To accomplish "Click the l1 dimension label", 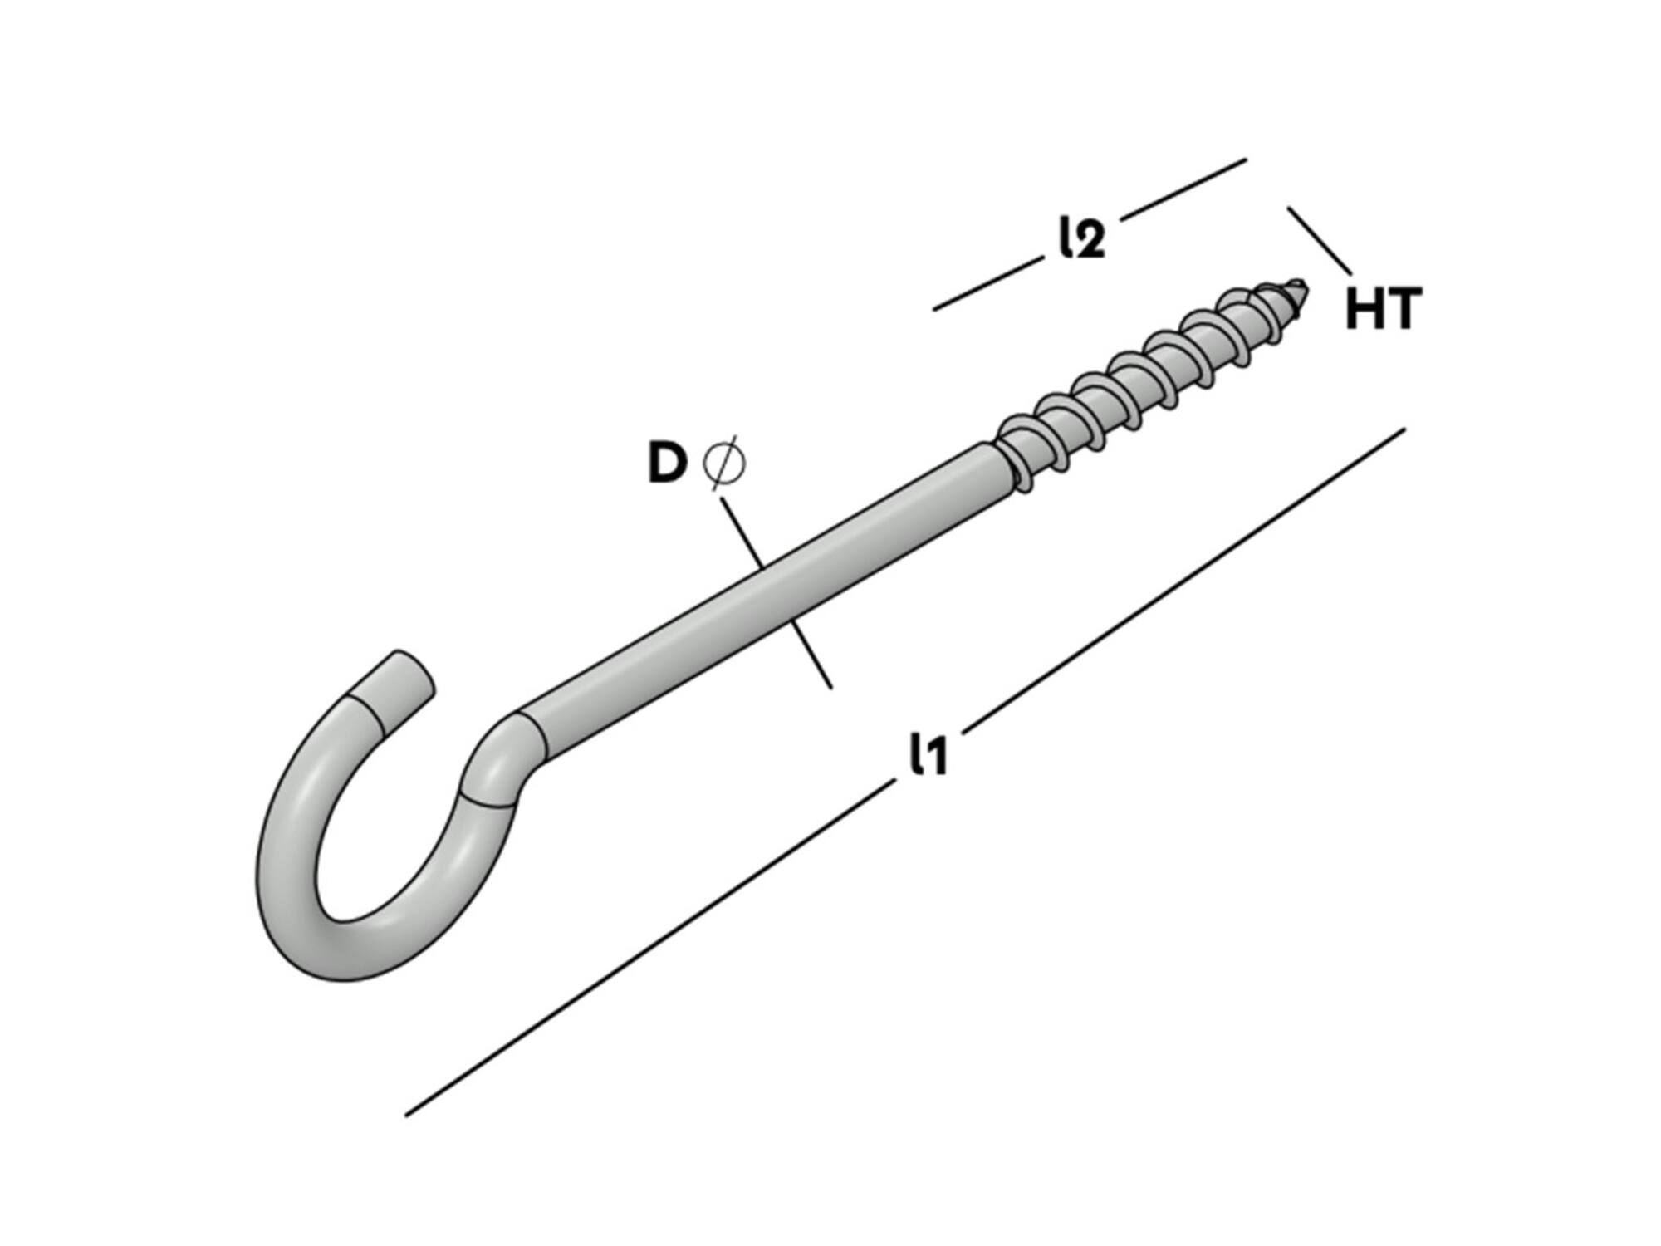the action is point(928,754).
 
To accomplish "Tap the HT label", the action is point(1383,308).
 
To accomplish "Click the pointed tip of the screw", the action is point(1306,287).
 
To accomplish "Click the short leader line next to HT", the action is point(1320,241).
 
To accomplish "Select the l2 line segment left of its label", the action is point(987,284).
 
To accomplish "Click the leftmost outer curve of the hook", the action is point(257,881).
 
